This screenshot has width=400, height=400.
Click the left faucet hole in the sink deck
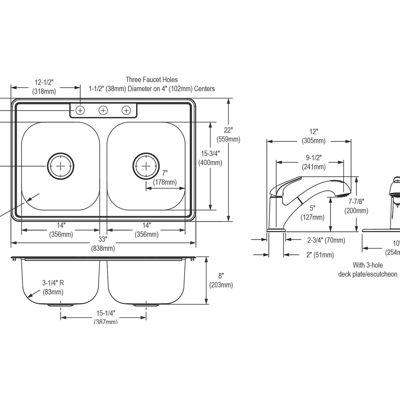point(80,110)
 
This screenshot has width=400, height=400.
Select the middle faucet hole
point(103,110)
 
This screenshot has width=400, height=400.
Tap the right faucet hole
point(126,110)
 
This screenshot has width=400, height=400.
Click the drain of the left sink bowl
point(61,166)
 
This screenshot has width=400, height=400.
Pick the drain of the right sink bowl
point(146,166)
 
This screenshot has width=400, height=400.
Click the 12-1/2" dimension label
point(44,82)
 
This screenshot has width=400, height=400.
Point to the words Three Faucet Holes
point(151,80)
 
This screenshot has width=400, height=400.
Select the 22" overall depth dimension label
point(228,130)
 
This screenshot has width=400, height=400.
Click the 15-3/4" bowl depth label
point(210,153)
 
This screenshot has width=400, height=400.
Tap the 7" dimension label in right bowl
point(165,173)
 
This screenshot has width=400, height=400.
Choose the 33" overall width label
point(103,239)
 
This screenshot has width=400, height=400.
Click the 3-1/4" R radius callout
point(53,283)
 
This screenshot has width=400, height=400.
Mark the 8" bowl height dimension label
point(221,276)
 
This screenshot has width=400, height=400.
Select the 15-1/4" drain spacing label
point(106,313)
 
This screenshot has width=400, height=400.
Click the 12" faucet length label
point(314,132)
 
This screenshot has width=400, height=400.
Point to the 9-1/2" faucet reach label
point(314,157)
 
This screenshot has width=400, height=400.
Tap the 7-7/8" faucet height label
point(356,201)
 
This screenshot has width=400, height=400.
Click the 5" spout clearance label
point(312,208)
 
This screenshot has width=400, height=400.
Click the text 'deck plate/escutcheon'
point(368,274)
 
